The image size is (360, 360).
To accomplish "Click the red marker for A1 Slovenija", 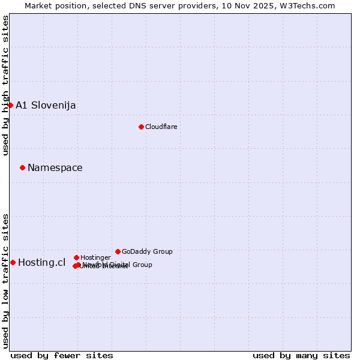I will click(10, 105).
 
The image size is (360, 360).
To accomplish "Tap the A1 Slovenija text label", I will click(46, 106).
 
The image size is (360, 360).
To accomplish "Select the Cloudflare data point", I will click(141, 127).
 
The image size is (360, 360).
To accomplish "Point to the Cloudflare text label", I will click(161, 127).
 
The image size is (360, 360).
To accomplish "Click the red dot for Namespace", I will click(22, 167).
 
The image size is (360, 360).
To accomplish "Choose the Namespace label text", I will click(55, 168).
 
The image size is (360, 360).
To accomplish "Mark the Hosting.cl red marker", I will click(13, 262).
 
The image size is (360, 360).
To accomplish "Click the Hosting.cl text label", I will click(42, 263).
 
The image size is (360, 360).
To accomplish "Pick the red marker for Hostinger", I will click(76, 257).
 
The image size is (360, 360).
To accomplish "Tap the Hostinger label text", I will click(95, 257).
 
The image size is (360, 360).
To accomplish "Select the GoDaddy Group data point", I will click(118, 251).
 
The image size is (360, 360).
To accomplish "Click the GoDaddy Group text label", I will click(147, 251).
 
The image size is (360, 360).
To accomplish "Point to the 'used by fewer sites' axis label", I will click(62, 355).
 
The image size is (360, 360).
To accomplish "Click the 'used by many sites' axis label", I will click(301, 355).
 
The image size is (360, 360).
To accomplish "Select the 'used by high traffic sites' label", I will click(5, 85).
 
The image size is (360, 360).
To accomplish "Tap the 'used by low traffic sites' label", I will click(5, 281).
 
